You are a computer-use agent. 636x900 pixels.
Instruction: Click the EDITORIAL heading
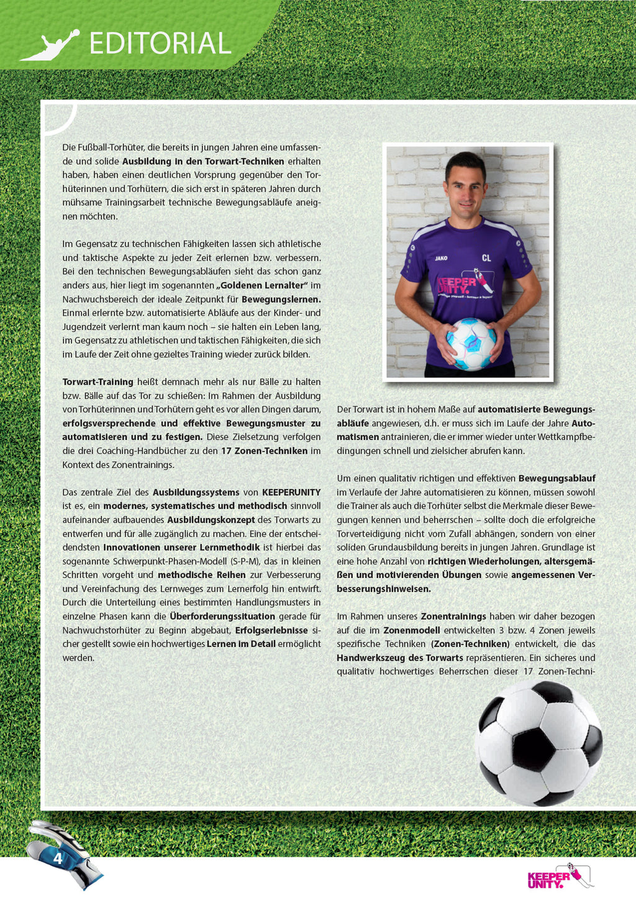click(160, 43)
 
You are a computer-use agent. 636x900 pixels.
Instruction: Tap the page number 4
click(58, 858)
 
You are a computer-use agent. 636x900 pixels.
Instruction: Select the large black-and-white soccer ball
click(538, 743)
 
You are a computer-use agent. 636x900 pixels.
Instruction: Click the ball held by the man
click(471, 344)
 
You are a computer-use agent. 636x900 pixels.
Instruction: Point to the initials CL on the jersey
click(486, 258)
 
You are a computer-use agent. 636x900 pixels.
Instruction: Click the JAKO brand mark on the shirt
click(441, 258)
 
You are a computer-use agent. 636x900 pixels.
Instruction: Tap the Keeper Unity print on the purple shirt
click(460, 286)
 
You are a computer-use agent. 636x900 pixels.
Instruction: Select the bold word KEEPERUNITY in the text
click(291, 492)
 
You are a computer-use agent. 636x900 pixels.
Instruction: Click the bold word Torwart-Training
click(98, 382)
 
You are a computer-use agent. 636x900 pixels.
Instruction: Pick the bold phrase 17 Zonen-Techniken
click(264, 451)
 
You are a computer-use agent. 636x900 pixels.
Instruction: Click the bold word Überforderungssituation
click(222, 616)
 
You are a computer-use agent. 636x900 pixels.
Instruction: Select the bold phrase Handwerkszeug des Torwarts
click(400, 658)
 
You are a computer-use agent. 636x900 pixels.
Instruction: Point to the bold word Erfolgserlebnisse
click(271, 630)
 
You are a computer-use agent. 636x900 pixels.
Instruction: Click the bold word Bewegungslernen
click(281, 299)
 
